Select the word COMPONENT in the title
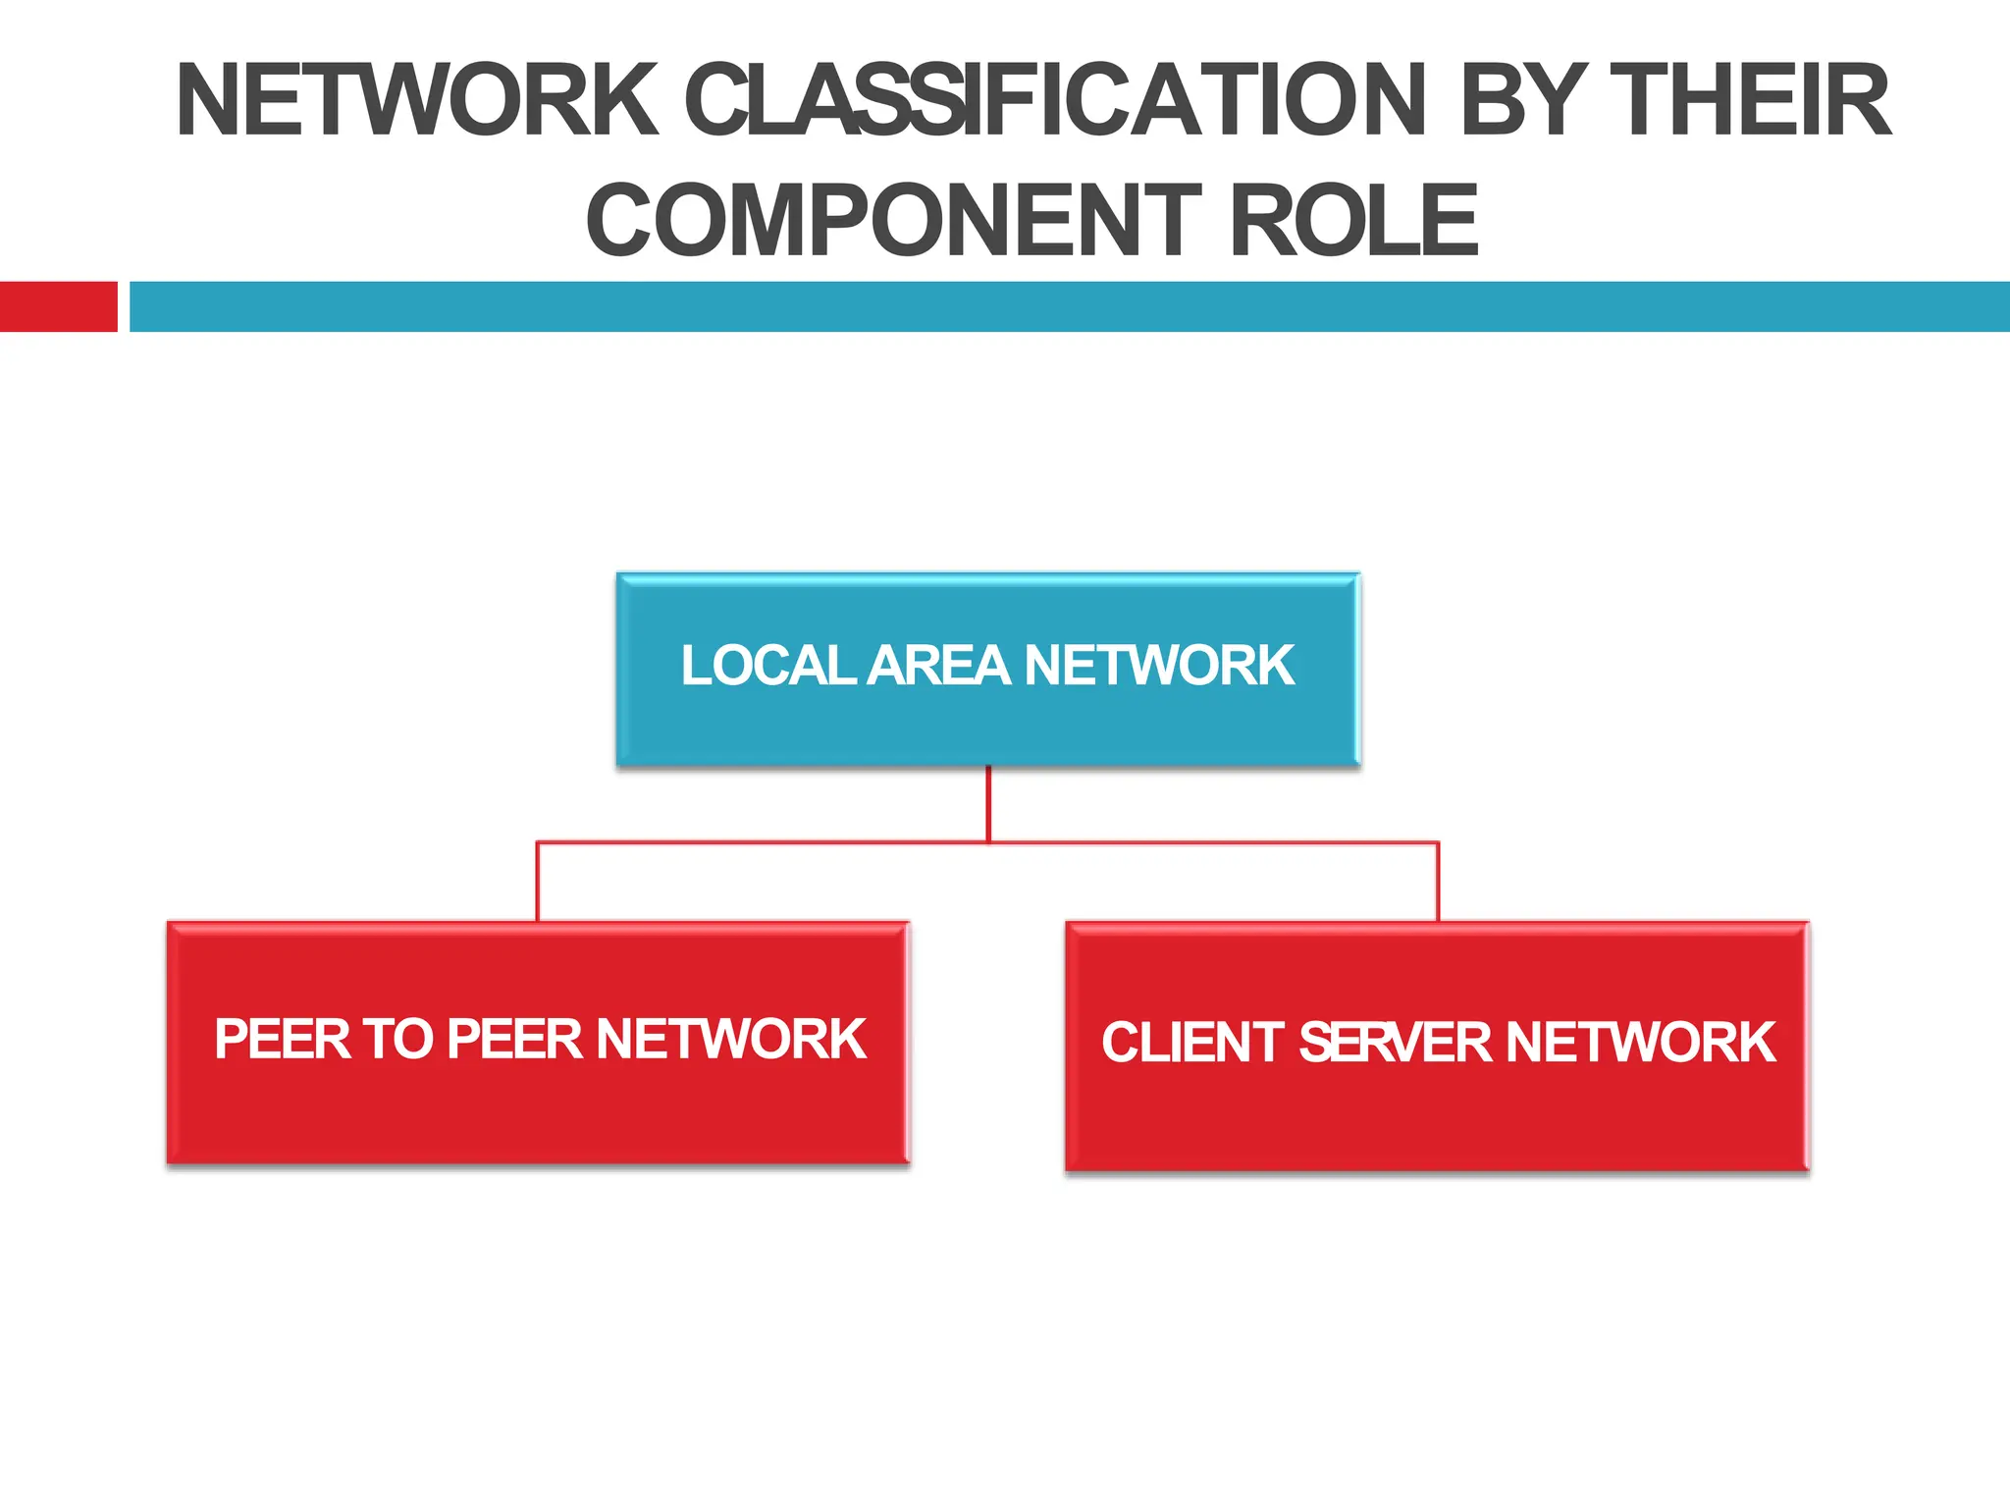coord(893,221)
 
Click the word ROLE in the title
coord(1353,221)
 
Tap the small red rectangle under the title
coord(58,306)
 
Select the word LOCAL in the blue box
coord(768,666)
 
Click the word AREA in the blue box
coord(939,666)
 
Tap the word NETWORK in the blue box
coord(1159,666)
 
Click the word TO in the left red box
coord(397,1039)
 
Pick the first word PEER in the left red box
coord(281,1039)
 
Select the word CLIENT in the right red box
coord(1192,1043)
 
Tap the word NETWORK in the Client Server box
coord(1641,1043)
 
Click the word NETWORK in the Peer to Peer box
coord(730,1039)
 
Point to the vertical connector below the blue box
coord(988,803)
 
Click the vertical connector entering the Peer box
coord(537,882)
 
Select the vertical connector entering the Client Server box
coord(1438,882)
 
